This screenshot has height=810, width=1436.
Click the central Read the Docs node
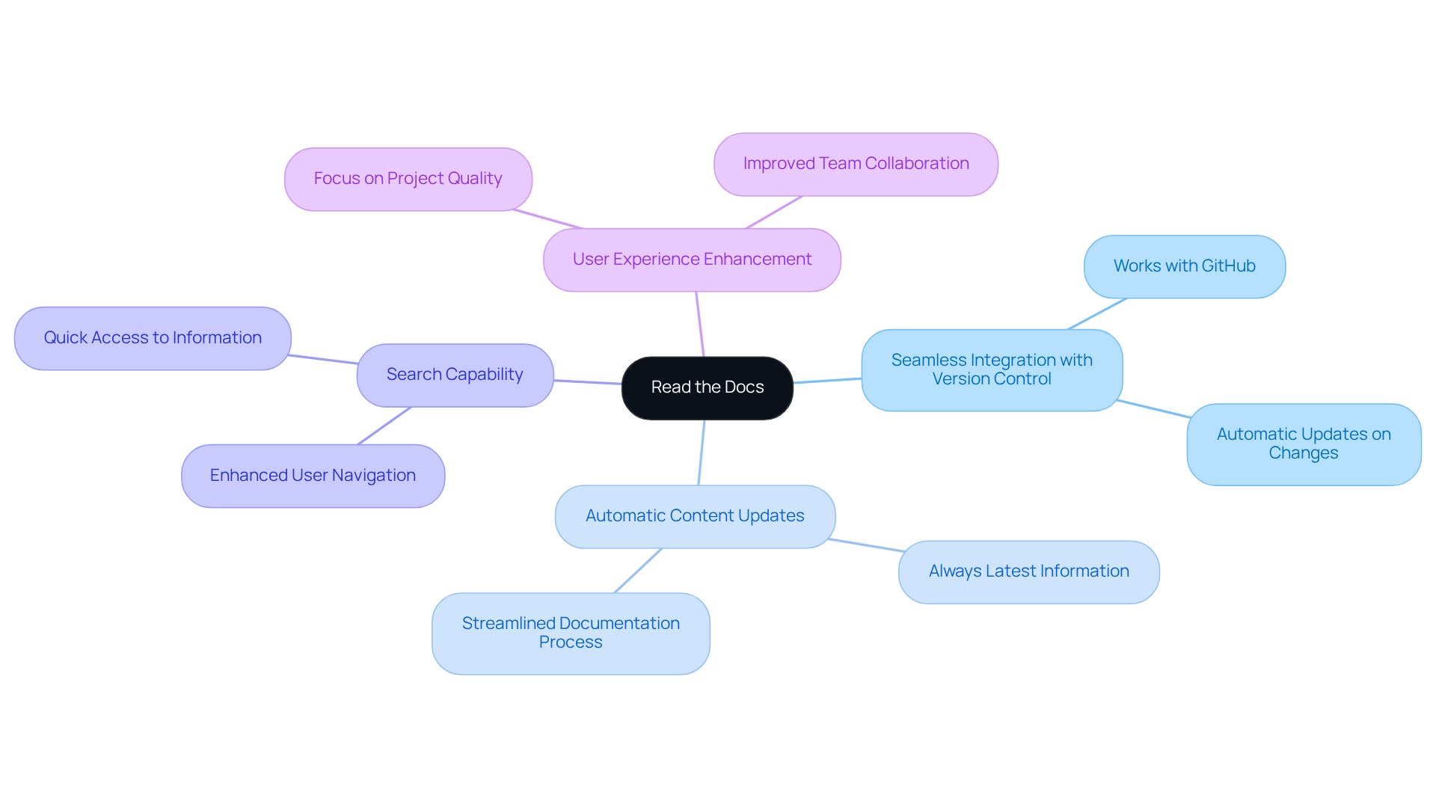click(707, 387)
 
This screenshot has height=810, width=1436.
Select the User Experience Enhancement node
click(692, 260)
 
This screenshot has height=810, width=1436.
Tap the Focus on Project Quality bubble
click(408, 179)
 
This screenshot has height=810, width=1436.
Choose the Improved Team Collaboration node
click(856, 164)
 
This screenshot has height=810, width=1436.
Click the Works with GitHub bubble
click(1184, 266)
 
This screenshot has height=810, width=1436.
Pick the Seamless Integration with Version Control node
click(992, 369)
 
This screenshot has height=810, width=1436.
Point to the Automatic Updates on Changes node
click(1303, 444)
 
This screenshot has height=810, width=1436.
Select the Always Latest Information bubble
click(1028, 571)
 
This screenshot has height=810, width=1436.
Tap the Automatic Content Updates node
click(695, 516)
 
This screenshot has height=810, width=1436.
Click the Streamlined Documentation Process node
click(571, 633)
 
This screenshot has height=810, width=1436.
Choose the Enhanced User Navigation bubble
click(313, 476)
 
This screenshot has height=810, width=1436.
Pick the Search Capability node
click(455, 375)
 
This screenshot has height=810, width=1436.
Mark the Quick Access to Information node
click(153, 338)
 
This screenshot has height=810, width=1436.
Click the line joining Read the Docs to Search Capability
click(588, 382)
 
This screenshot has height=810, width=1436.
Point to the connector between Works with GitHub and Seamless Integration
click(1097, 313)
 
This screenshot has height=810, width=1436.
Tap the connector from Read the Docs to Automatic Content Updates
click(702, 452)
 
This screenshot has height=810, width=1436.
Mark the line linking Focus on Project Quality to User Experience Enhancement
click(547, 219)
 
